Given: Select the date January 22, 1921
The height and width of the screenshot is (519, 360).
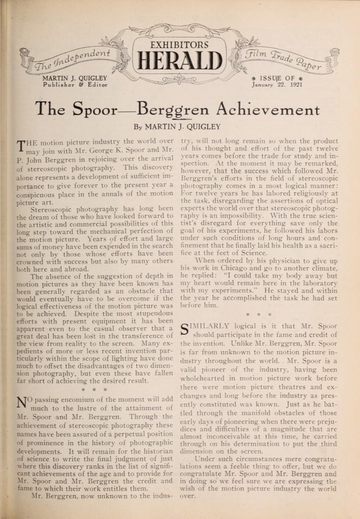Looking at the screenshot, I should tap(275, 85).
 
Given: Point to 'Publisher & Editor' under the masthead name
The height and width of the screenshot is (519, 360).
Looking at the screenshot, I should tap(75, 85).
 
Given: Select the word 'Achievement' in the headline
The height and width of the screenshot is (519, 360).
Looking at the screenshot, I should tap(268, 108).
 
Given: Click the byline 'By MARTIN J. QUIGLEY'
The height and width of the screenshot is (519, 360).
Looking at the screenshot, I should tap(180, 127).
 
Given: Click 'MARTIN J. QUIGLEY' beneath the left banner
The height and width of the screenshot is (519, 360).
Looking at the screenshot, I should tap(75, 78).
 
